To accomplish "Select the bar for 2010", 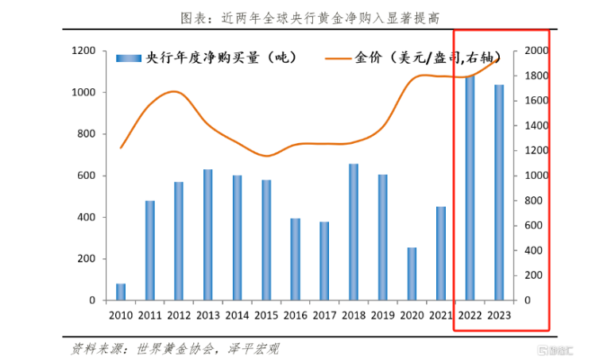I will click(x=121, y=292).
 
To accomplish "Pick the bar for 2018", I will click(x=354, y=232).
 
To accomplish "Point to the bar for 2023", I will click(x=499, y=193).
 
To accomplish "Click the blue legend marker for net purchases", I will click(x=130, y=58).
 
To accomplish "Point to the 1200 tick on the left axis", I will click(x=83, y=51).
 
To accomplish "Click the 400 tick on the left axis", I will click(x=87, y=217).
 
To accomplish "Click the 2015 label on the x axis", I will click(x=266, y=315).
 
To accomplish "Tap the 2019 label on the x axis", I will click(x=383, y=315).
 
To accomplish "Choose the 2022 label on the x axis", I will click(x=470, y=315).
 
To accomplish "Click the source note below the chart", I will click(x=175, y=348).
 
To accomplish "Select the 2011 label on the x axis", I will click(x=150, y=315).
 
